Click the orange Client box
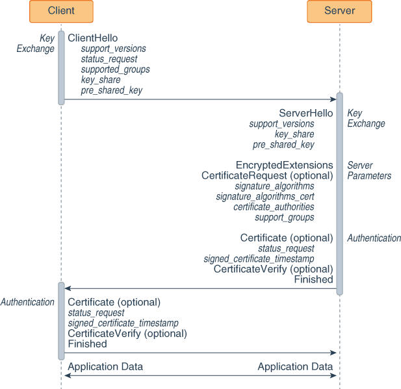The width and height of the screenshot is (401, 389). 61,11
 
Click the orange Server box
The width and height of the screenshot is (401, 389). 339,11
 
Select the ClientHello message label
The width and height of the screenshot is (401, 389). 93,38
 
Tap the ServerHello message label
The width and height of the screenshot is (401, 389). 305,113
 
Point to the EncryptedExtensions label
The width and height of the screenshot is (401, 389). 284,165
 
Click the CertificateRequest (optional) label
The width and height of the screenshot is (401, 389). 267,175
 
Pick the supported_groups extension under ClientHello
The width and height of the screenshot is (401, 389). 115,69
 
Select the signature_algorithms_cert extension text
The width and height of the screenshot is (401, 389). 265,197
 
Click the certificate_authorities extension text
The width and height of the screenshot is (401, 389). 274,207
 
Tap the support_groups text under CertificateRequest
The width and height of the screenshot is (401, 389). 284,218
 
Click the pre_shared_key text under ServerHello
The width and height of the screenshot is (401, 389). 283,145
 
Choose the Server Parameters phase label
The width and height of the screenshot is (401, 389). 369,170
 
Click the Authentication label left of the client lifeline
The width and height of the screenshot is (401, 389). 27,302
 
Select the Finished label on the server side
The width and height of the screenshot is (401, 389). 313,279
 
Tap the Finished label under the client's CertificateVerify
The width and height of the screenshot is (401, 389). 87,344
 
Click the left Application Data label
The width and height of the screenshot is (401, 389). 105,367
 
